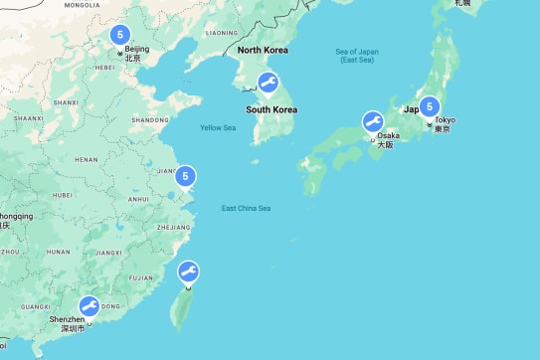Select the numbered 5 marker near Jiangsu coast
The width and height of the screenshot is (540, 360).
coord(185,177)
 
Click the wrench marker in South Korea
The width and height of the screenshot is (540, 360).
coord(267,84)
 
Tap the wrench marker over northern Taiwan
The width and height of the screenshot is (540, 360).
coord(187,272)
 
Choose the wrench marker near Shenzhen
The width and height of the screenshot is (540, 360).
coord(89,307)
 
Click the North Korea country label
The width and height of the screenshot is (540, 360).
coord(263,51)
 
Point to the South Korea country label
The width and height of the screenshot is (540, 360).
coord(272,109)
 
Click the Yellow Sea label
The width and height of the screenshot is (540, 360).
coord(218,127)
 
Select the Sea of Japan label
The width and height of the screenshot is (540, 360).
coord(358,56)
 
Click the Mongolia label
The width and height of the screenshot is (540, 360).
coord(82,5)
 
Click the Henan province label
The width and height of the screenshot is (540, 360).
coord(87,159)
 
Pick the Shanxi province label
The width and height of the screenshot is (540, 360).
coord(66,101)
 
